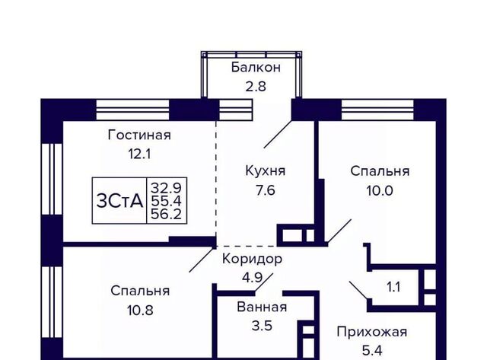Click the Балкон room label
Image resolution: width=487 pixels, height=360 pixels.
(x=256, y=68)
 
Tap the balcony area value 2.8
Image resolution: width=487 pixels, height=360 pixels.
(x=256, y=86)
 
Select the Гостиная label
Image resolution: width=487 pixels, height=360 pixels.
(x=139, y=135)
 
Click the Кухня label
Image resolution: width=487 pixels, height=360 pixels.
(x=265, y=170)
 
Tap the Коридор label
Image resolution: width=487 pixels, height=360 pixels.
(x=252, y=259)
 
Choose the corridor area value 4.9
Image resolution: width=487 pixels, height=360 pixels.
(x=252, y=277)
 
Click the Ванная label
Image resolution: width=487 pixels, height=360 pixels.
(x=263, y=307)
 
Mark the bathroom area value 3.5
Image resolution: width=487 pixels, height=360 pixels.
(x=263, y=327)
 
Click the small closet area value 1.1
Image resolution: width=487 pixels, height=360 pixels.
(x=393, y=287)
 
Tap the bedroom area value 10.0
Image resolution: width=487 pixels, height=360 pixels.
(x=379, y=190)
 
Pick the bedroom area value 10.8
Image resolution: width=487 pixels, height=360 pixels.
(x=139, y=310)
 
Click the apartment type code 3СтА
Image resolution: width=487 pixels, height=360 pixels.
(x=119, y=201)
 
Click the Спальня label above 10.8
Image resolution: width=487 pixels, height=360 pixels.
(x=139, y=291)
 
